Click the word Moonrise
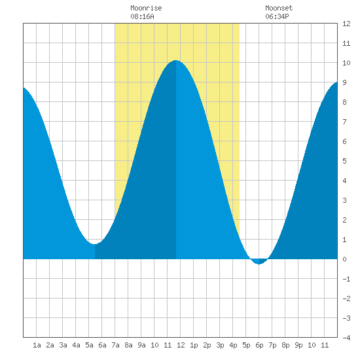point(146,8)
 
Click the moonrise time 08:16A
point(142,16)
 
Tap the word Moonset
point(279,8)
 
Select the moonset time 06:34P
point(277,16)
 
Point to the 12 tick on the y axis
point(346,24)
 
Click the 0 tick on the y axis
point(344,259)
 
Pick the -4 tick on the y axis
point(346,338)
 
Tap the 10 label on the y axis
point(346,63)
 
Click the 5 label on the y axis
point(344,161)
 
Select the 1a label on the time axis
point(37,345)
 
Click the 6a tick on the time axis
point(102,345)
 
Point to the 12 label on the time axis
point(181,345)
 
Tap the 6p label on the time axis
point(259,345)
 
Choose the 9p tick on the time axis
point(298,345)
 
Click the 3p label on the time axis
point(220,345)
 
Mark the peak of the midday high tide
point(176,60)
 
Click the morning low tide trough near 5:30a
point(95,244)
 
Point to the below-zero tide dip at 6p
point(259,264)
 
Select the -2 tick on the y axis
point(346,298)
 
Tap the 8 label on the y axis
point(344,102)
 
